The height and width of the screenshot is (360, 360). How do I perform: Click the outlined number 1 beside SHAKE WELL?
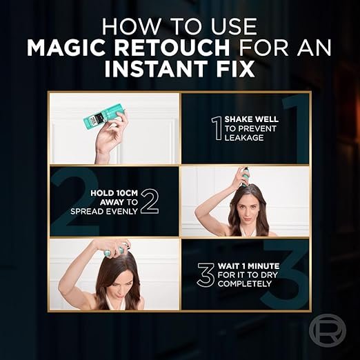pos(217,128)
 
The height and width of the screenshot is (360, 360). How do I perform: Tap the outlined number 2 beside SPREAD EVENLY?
pos(150,202)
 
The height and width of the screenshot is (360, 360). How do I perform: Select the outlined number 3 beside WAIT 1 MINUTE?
pos(207,274)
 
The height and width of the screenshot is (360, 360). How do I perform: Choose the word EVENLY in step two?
pos(121,211)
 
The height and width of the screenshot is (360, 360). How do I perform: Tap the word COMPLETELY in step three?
pos(245,283)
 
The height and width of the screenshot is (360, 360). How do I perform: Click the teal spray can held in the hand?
pos(104,118)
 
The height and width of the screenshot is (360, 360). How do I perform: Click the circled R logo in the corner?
pos(328,330)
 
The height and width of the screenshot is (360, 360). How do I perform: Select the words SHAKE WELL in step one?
pos(252,119)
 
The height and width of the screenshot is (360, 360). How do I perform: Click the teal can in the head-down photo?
pos(114,249)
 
